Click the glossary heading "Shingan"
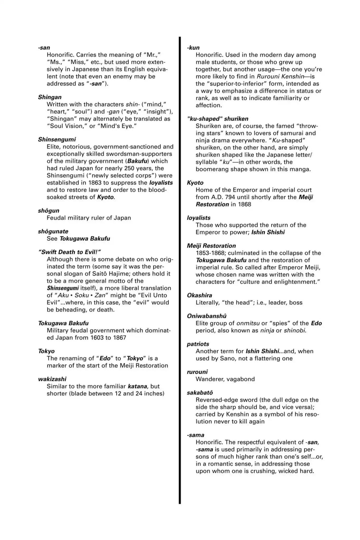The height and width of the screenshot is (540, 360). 50,97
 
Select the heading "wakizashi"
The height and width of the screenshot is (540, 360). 52,379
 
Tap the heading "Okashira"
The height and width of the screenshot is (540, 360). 199,295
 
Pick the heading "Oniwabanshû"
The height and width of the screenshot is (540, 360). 207,316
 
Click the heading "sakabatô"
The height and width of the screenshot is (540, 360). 200,393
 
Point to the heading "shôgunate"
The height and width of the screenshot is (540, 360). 53,231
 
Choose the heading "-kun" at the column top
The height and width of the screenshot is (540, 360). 193,48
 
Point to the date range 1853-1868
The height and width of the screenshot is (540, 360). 210,253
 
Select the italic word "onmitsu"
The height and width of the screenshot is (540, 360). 248,323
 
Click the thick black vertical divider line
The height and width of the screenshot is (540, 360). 180,264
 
